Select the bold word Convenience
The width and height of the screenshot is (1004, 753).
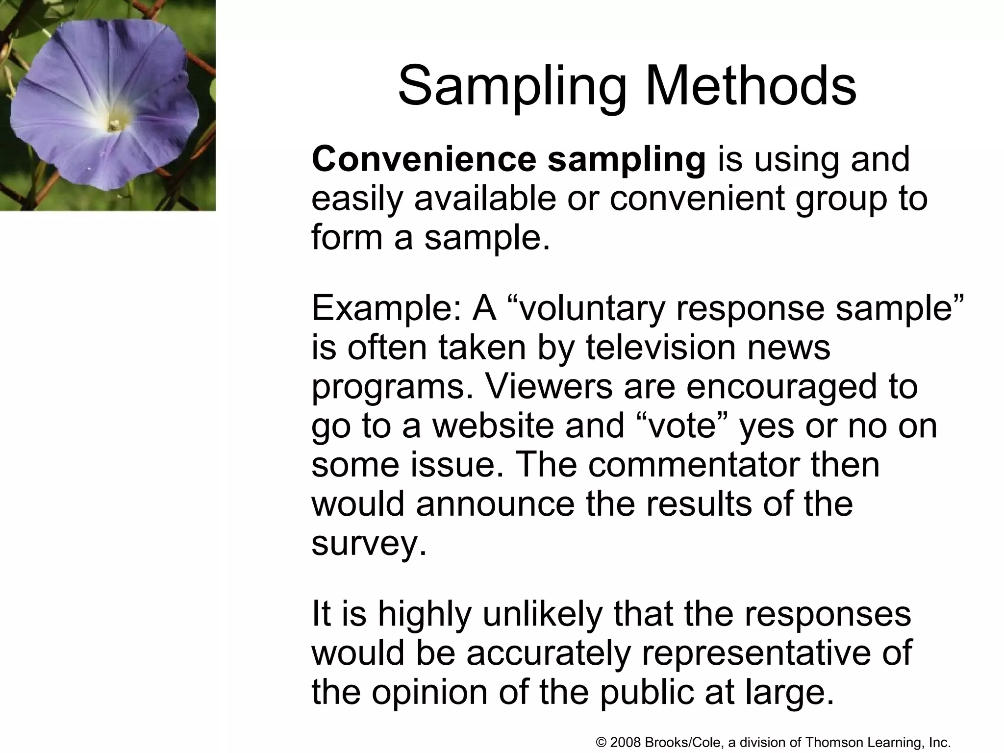coord(424,160)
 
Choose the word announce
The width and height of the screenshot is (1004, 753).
coord(495,504)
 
